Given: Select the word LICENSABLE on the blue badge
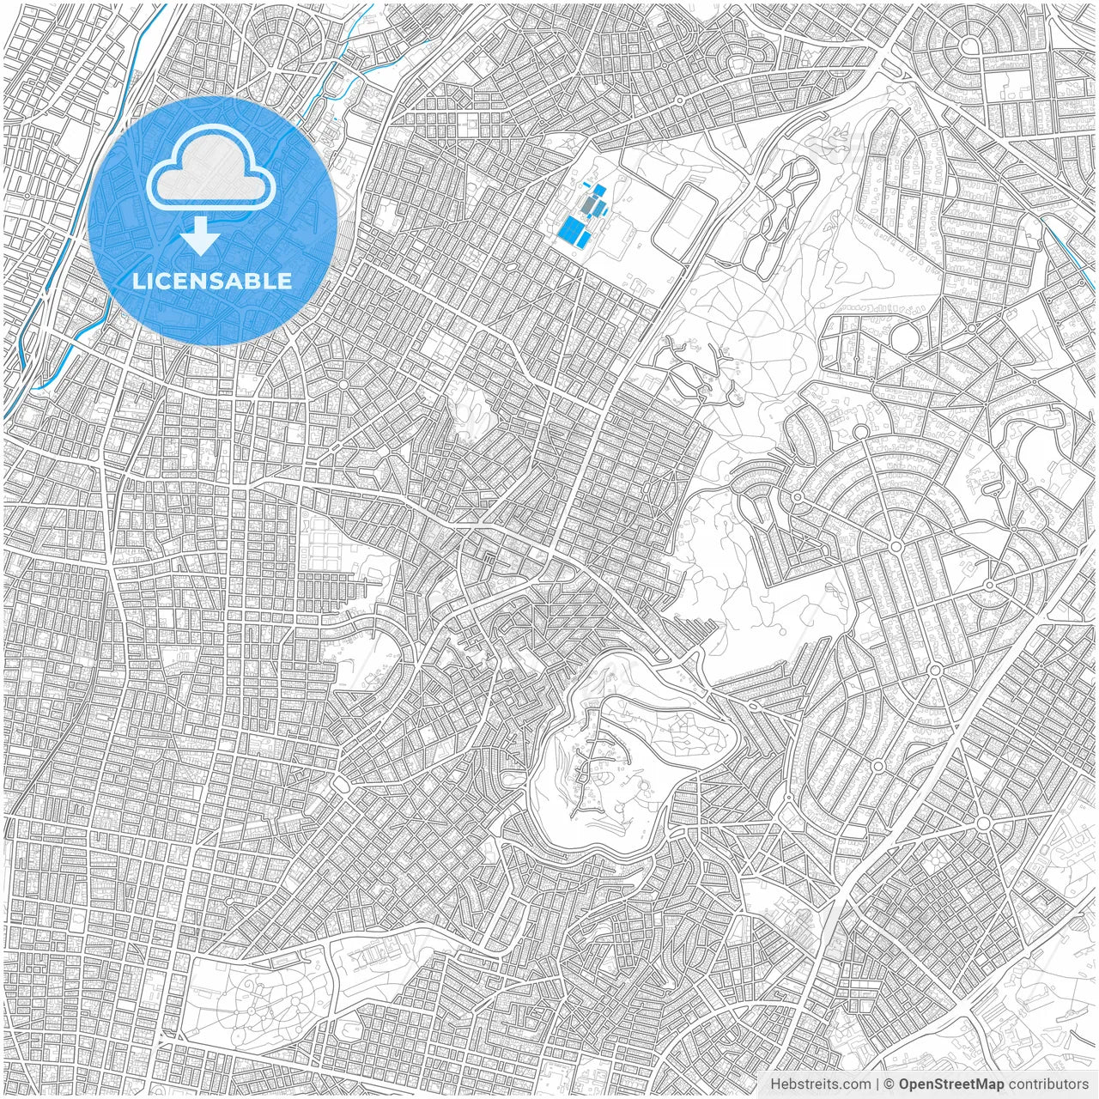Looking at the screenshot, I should [x=211, y=281].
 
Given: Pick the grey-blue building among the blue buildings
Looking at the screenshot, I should [x=589, y=206].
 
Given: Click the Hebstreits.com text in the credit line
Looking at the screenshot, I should [x=819, y=1084].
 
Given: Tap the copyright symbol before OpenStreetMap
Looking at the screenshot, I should [x=890, y=1084].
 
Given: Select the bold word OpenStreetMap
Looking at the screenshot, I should [x=950, y=1084].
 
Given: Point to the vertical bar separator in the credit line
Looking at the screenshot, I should [x=877, y=1084].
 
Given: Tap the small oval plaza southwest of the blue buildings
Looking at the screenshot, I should [x=510, y=267].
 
